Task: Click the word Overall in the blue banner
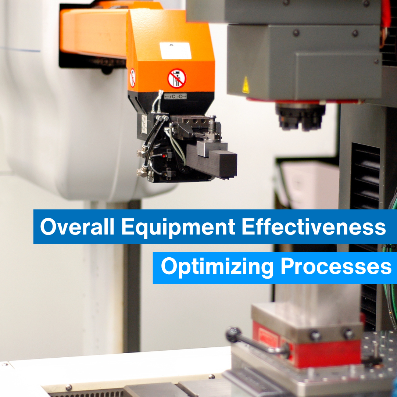coord(77,226)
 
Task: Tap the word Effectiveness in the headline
coord(314,226)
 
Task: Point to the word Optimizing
coord(217,267)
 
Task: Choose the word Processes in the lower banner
coord(336,266)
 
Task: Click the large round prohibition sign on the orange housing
coord(177,79)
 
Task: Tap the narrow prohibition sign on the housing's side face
coord(132,78)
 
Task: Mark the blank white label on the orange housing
coord(175,51)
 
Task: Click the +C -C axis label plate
coord(175,96)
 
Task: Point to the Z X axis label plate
coord(144,124)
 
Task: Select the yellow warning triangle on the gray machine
coord(246,85)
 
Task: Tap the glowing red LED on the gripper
coord(164,156)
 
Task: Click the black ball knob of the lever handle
coord(233,335)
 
